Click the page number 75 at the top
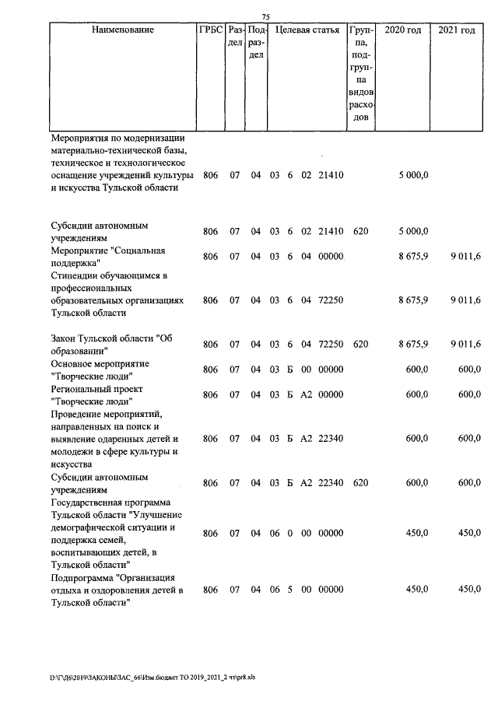(x=265, y=17)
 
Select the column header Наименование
(x=123, y=30)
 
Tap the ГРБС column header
(x=211, y=30)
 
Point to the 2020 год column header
(x=404, y=30)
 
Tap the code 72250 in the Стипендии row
(x=331, y=300)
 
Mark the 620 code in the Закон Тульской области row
(x=359, y=344)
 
